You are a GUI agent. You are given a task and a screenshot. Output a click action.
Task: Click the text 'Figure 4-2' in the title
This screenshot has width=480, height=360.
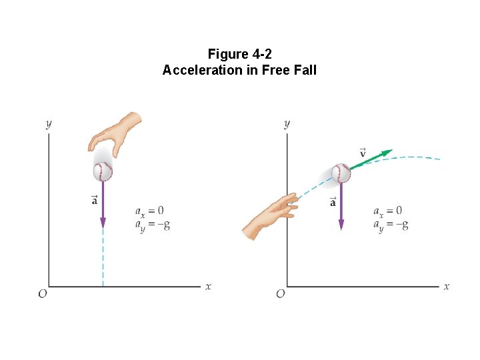click(239, 54)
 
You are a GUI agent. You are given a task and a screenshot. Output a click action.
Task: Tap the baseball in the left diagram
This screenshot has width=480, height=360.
click(103, 171)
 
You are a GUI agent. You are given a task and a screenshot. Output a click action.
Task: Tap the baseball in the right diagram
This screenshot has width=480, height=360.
click(341, 173)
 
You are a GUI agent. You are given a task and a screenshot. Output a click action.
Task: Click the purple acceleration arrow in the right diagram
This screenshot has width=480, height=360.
click(341, 207)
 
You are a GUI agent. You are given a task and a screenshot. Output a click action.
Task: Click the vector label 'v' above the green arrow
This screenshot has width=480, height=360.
click(363, 153)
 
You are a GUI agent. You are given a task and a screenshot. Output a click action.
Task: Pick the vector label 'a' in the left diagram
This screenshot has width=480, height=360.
click(94, 199)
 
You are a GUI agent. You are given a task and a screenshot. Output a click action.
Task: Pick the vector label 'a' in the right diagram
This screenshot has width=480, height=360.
click(333, 202)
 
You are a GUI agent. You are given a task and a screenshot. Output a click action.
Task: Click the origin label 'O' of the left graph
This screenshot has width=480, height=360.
click(42, 293)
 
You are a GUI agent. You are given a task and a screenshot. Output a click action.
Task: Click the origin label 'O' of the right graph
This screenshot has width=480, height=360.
click(281, 293)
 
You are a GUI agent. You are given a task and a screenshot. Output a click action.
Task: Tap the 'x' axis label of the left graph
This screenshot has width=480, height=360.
click(208, 287)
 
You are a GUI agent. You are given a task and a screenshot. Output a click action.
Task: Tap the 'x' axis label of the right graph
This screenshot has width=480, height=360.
click(446, 287)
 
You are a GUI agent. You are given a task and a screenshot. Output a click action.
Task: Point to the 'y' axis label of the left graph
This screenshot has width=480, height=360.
click(48, 123)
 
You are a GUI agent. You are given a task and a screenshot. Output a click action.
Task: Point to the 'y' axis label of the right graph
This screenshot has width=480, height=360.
click(287, 123)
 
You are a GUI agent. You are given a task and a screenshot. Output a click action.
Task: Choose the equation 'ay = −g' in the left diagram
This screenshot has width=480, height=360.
click(154, 225)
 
